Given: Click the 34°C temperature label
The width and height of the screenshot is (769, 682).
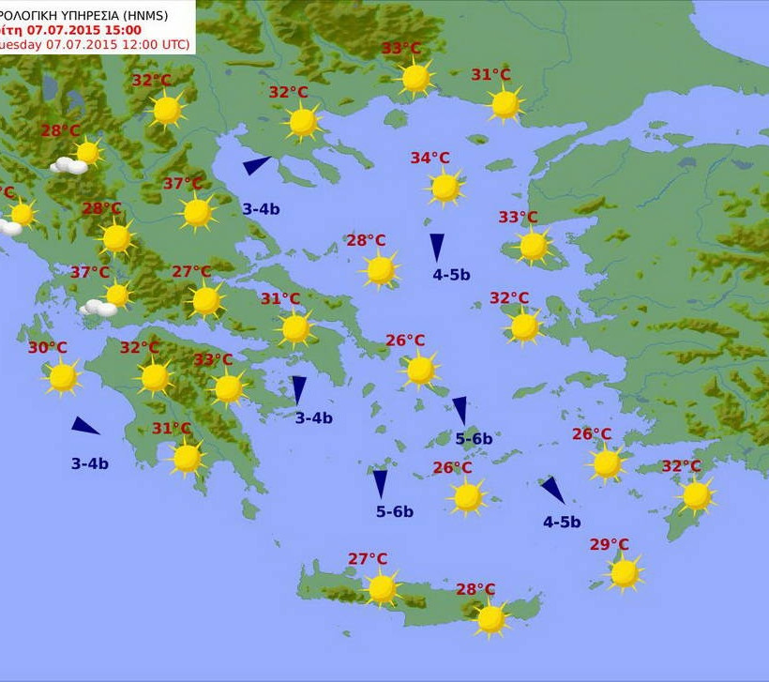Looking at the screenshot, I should coord(430,158).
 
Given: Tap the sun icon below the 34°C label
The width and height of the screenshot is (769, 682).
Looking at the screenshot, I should coord(445,188).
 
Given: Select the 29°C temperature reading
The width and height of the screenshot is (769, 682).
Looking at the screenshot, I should coord(610,545).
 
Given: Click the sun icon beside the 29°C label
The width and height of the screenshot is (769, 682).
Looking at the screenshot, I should coord(625,572).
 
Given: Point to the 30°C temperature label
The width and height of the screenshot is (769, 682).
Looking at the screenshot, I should coord(47,348).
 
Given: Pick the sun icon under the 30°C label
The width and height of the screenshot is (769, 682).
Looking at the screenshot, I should coord(63,377).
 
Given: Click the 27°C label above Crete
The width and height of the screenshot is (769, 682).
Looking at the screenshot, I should coord(368,559).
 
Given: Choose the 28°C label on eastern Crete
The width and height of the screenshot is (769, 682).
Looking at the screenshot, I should coord(475,589).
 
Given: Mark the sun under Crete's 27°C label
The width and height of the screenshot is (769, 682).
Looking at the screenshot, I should coord(382,588).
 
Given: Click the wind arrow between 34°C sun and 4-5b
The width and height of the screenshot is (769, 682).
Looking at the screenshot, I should coord(437,247).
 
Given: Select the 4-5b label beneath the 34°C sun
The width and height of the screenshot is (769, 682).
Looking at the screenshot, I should coord(451,275).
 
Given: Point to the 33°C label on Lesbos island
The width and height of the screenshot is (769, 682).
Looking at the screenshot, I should coord(518,218).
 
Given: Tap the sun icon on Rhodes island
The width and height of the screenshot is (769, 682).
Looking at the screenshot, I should coord(696,495).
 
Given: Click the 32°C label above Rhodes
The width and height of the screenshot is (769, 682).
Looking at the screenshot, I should coord(681,466).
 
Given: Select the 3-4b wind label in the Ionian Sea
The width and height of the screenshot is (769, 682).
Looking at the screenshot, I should coord(90,463).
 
